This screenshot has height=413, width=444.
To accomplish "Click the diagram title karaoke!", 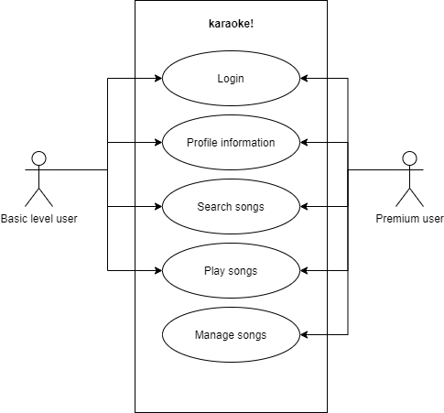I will (x=231, y=24).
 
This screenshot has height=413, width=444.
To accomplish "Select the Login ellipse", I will (x=231, y=79).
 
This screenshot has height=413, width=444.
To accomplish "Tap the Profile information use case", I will (x=231, y=143).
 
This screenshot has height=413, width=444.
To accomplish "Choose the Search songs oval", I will (x=231, y=207).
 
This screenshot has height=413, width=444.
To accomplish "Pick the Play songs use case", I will (x=231, y=271).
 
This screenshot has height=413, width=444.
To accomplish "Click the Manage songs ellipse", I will (x=231, y=335).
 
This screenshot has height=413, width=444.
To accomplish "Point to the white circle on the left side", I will (x=38, y=158).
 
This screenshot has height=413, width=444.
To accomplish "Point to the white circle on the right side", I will (x=409, y=158).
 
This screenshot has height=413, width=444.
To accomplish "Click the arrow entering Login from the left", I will (x=149, y=79).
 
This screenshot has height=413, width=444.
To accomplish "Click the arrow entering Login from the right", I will (x=313, y=79).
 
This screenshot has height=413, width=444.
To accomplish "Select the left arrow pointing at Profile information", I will (x=149, y=143).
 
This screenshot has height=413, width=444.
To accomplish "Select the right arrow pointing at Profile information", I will (x=313, y=143).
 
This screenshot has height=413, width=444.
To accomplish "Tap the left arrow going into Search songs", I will (x=149, y=207).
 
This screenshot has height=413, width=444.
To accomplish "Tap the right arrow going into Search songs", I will (x=313, y=207).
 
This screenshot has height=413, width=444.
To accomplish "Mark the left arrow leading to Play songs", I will (x=149, y=271).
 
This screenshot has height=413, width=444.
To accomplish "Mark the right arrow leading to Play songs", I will (x=313, y=271).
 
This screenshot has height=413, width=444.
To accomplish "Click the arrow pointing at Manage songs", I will (x=313, y=335).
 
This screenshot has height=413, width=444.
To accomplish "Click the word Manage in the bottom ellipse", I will (x=214, y=335).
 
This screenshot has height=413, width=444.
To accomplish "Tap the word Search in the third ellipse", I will (x=214, y=207).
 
